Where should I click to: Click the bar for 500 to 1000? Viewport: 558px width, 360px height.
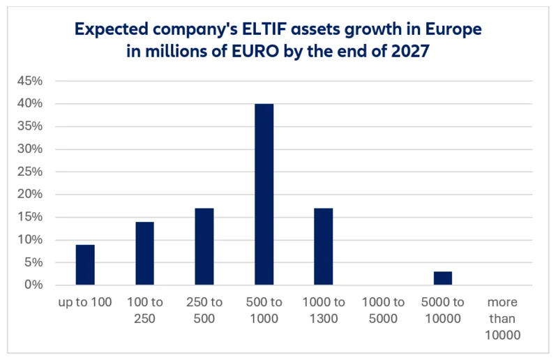(264, 195)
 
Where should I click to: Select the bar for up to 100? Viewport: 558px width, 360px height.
(85, 265)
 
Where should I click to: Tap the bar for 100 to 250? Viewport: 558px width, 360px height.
(144, 254)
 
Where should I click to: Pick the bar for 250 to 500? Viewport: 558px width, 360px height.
(204, 247)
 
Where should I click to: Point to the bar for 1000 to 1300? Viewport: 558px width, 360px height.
(324, 247)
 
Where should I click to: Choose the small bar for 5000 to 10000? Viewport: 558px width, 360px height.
(442, 278)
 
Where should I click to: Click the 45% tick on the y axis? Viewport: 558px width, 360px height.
(30, 81)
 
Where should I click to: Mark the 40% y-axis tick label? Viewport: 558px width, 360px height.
(30, 104)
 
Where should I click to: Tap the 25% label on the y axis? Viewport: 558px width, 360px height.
(30, 172)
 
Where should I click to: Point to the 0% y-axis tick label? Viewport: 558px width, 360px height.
(33, 285)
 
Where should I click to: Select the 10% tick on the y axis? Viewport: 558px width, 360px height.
(30, 240)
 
